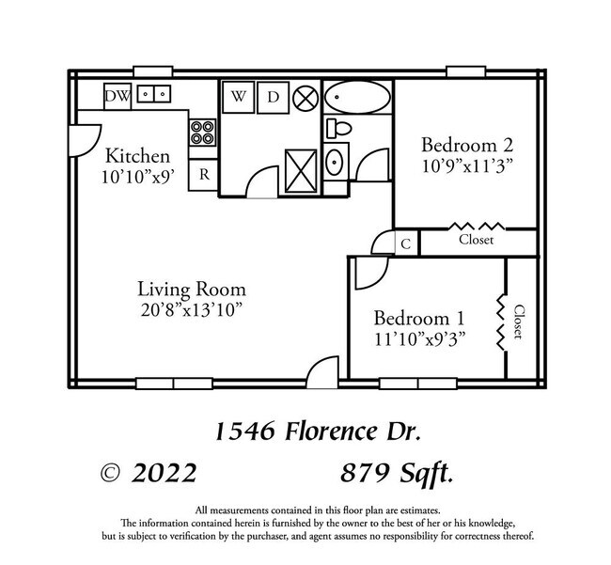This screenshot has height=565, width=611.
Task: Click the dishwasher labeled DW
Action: (x=117, y=95)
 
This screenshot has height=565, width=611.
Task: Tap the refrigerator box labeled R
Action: (x=203, y=175)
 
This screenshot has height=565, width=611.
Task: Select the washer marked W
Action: (x=240, y=96)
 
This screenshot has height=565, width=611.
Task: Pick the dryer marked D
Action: (x=273, y=96)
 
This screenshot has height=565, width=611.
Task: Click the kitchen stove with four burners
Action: (x=203, y=132)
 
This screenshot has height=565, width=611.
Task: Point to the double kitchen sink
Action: (x=153, y=94)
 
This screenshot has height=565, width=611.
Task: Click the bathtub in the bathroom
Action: (x=357, y=96)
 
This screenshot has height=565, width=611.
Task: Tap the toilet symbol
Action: (x=338, y=127)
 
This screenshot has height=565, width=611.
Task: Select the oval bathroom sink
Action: (x=335, y=162)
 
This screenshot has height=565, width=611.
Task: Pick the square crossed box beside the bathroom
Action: (x=303, y=170)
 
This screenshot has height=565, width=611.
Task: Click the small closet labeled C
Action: (x=405, y=243)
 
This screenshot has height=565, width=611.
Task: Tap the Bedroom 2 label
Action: (x=466, y=145)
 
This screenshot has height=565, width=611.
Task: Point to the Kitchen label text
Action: (x=137, y=156)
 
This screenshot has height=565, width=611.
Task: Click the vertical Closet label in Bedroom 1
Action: (x=518, y=322)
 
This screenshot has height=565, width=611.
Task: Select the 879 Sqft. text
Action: (x=399, y=473)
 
